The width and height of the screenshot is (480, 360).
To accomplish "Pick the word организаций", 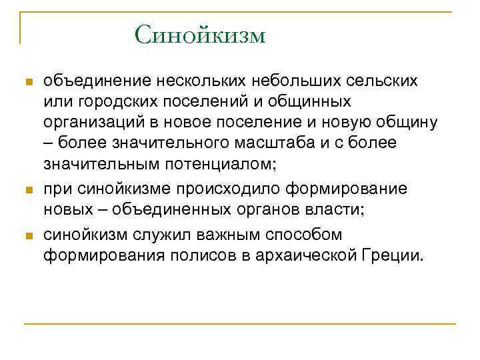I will pos(95,123).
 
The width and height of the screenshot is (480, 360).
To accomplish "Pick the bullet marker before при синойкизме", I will pos(27,191).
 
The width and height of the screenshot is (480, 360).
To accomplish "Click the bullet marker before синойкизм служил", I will pos(27,237).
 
